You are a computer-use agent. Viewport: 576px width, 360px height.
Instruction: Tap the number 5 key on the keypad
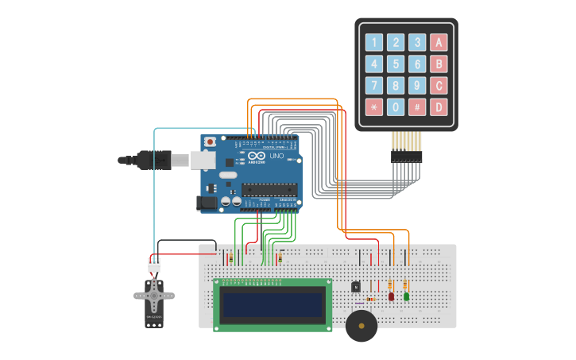(396, 64)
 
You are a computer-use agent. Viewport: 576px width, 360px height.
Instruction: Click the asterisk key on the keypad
(373, 106)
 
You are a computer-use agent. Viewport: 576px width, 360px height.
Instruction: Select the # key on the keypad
(417, 106)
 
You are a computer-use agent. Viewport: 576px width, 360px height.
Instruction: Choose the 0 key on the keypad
(396, 106)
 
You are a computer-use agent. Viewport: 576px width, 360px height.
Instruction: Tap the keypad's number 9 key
(417, 85)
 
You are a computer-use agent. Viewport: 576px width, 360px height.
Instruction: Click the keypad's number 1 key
(373, 43)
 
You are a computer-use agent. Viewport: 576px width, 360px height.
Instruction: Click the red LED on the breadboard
(391, 296)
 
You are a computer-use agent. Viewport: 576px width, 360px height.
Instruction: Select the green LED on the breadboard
(406, 296)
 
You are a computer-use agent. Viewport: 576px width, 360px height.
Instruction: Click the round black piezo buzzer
(361, 326)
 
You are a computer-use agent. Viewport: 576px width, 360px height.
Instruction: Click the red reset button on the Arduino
(210, 142)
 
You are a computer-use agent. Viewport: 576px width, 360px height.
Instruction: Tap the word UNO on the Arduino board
(276, 156)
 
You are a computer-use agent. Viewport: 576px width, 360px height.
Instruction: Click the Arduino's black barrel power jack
(207, 203)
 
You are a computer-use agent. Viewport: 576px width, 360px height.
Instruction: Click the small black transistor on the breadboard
(356, 287)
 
